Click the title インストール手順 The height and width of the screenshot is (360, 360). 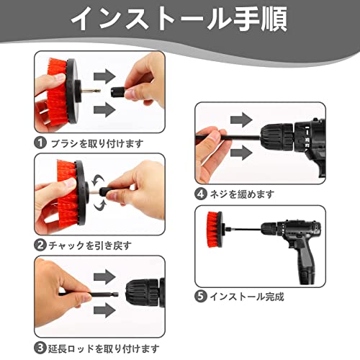[179, 19]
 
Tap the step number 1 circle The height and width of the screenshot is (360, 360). [40, 143]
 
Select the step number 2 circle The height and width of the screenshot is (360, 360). [40, 245]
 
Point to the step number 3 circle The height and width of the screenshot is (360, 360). [40, 348]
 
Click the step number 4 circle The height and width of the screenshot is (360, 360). [201, 194]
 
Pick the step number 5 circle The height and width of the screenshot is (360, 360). [201, 296]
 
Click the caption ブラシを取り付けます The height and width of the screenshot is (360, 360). [97, 143]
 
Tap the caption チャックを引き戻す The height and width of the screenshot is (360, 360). [90, 246]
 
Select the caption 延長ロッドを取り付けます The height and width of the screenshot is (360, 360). [104, 348]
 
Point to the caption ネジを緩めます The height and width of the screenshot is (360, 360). [242, 194]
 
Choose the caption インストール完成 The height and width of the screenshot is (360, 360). [247, 297]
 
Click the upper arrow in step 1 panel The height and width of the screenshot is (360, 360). [104, 76]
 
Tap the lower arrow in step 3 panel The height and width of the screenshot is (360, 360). [104, 310]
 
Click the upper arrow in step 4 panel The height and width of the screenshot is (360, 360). [241, 120]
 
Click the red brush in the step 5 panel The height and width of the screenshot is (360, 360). [215, 230]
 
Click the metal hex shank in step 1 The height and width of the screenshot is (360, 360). [91, 91]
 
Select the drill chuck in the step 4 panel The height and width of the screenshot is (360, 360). [276, 138]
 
